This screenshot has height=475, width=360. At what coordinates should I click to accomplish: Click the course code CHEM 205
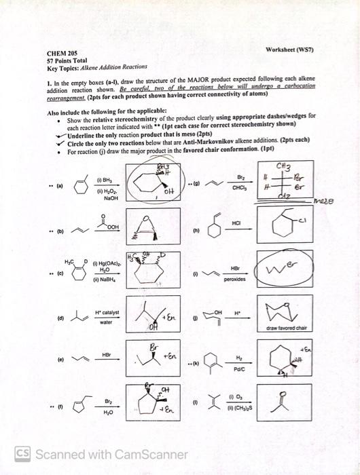tap(61, 52)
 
